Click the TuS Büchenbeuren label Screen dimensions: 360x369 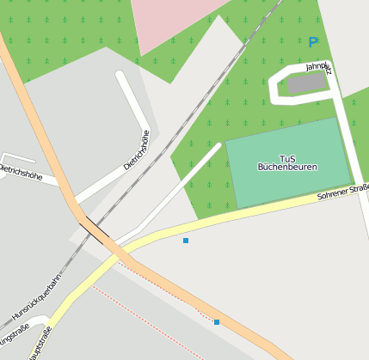(287, 162)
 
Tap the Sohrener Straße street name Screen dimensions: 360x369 (342, 191)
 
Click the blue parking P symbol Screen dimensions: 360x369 (312, 41)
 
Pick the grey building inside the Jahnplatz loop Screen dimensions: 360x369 (306, 83)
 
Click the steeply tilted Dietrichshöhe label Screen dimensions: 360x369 (137, 149)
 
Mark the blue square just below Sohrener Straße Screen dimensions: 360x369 (186, 241)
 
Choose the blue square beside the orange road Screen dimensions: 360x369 (217, 322)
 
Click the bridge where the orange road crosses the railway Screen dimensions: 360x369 (95, 231)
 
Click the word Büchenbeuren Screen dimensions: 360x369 (287, 167)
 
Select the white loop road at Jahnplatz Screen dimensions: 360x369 (278, 86)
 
